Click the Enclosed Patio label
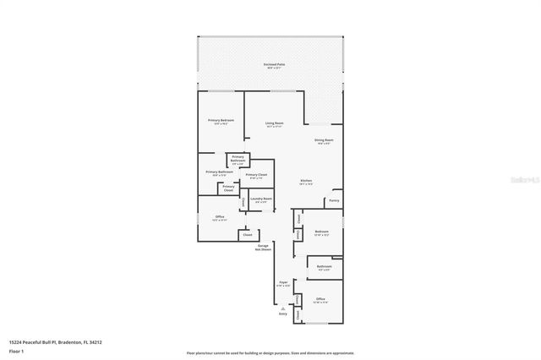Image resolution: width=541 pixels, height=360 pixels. coord(272,65)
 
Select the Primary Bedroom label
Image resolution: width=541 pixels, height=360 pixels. coord(221,121)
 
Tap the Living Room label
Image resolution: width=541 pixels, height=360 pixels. coord(274,124)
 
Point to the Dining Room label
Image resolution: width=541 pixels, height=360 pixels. coord(324,140)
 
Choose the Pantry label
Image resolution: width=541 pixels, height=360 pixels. coord(334,201)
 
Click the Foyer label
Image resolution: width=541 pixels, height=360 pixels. coord(283,283)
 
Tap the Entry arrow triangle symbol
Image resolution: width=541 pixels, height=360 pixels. coord(283,308)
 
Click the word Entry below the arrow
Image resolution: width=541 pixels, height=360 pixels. coord(283,314)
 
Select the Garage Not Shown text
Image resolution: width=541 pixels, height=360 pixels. coord(265,247)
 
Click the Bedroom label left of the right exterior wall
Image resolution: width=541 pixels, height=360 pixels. coord(321,232)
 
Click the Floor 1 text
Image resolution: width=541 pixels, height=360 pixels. coord(16,350)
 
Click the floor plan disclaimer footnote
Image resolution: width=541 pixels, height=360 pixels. coord(270,352)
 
